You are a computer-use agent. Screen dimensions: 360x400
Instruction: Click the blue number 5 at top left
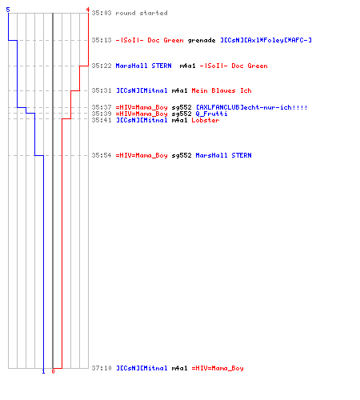pos(8,10)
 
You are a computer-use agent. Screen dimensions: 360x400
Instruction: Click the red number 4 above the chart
pos(87,10)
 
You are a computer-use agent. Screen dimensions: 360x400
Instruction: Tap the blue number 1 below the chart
pos(43,371)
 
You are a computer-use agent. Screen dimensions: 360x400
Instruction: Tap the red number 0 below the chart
pos(53,371)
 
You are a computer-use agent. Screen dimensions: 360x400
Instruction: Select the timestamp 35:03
pos(102,13)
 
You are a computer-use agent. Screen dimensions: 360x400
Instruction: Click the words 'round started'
pos(142,13)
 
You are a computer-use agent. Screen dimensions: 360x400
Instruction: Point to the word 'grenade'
pos(202,40)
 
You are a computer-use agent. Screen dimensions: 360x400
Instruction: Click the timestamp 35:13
pos(102,40)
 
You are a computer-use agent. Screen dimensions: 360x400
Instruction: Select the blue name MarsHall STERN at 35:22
pos(143,66)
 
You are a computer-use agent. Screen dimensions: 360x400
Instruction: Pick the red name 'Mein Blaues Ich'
pos(222,90)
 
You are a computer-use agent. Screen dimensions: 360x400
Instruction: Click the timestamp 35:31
pos(102,90)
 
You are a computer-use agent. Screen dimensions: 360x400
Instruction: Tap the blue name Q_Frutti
pos(211,114)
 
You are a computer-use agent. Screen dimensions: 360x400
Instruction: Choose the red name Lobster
pos(206,120)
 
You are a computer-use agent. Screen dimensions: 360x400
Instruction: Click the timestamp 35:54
pos(102,155)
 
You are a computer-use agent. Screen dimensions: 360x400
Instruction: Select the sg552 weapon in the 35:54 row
pos(182,155)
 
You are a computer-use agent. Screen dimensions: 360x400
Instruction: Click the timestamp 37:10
pos(102,368)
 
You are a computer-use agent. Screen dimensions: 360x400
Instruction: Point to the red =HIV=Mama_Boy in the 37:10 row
pos(218,368)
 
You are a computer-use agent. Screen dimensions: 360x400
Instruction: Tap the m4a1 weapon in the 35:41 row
pos(179,120)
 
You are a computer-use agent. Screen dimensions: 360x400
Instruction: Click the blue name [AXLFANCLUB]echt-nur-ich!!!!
pos(251,107)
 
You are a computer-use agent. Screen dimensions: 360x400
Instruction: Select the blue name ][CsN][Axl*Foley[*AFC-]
pos(266,40)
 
